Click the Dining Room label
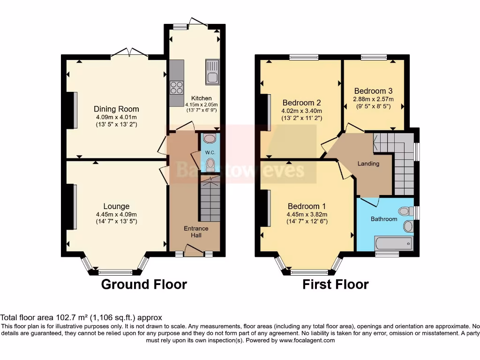click(116, 109)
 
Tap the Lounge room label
click(116, 206)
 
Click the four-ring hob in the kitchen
click(177, 88)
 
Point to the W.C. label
click(210, 153)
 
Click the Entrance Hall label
click(195, 232)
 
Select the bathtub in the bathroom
click(393, 243)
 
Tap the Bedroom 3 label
click(373, 91)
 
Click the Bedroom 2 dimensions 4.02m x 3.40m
click(301, 111)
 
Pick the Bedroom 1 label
click(307, 206)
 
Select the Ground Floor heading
click(144, 285)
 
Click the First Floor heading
click(335, 285)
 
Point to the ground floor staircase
click(210, 199)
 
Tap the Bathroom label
click(384, 219)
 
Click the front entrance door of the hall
click(194, 253)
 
